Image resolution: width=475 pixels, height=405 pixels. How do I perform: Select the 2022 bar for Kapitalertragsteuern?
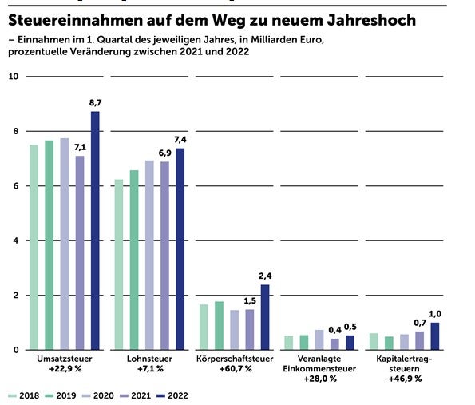(435, 336)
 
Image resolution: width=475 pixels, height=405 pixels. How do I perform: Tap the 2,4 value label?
(265, 276)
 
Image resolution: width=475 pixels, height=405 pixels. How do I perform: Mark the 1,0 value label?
(435, 315)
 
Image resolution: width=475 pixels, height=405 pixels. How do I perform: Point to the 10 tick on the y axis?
(12, 77)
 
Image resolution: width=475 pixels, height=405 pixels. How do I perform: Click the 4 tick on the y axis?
(14, 240)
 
